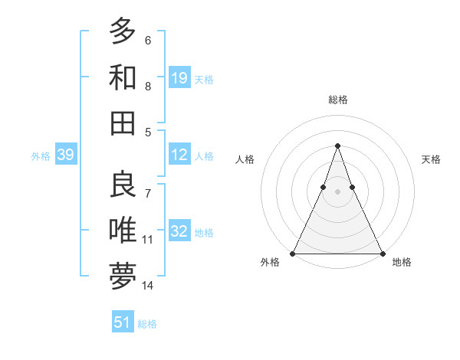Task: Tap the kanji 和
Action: (x=123, y=77)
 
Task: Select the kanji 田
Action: (x=123, y=123)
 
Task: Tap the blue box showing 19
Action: (x=179, y=77)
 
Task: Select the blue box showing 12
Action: (x=179, y=155)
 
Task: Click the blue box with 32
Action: (x=179, y=231)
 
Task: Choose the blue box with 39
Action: (x=66, y=155)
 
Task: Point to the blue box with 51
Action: (x=123, y=322)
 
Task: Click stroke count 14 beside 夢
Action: (x=148, y=286)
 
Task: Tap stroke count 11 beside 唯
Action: (x=148, y=239)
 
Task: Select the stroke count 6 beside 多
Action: (x=148, y=40)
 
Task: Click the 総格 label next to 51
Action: (x=147, y=324)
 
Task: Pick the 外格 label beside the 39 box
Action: (x=41, y=156)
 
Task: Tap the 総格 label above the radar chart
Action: (x=337, y=100)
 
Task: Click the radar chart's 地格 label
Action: (x=402, y=263)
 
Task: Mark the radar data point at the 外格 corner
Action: (x=293, y=253)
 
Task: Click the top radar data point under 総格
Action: (x=337, y=146)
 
